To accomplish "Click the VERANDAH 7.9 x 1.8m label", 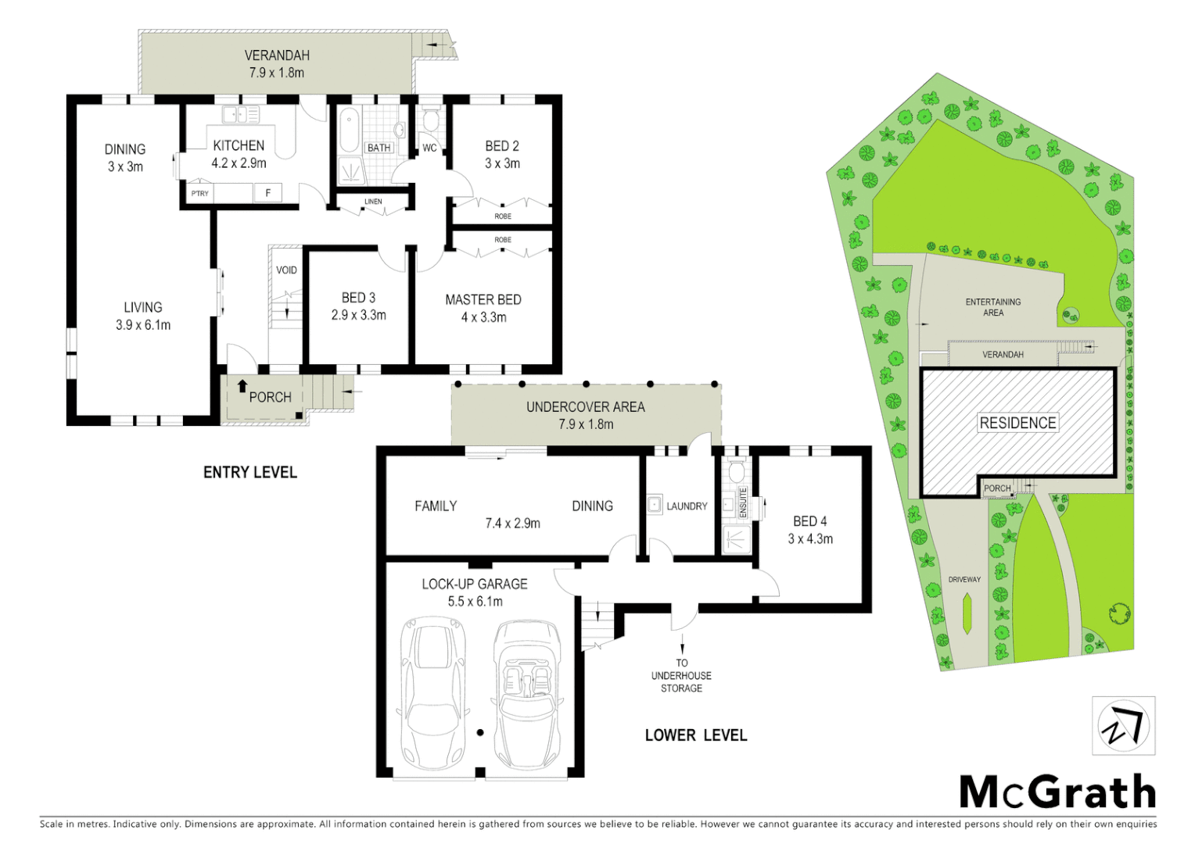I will (277, 64).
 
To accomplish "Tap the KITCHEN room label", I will (239, 145).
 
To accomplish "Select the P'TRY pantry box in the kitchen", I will (200, 193).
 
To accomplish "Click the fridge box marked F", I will (268, 192).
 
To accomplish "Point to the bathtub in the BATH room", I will (349, 131).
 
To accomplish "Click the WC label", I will (429, 148).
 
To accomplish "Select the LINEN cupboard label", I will (373, 202).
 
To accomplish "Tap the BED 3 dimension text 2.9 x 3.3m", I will (358, 315).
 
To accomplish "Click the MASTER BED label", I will (483, 299).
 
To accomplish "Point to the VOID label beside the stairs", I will (286, 270).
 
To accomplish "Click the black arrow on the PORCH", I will (242, 385).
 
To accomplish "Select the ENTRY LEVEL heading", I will (250, 472).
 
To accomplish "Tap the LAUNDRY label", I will (687, 506).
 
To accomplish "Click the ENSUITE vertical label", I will (743, 502).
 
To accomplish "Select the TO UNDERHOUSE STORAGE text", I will (681, 675).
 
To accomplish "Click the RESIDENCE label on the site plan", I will (1017, 423).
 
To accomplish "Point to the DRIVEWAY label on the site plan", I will (964, 579).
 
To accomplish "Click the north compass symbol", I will (1123, 726).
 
